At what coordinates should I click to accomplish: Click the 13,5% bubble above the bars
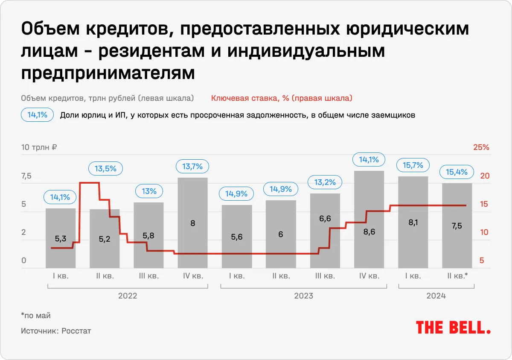point(105,168)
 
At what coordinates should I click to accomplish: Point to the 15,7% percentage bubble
point(413,165)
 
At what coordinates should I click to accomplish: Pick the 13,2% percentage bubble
point(325,182)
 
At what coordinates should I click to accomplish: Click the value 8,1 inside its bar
point(413,222)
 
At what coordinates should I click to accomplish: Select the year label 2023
point(303,296)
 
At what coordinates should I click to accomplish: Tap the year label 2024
point(436,296)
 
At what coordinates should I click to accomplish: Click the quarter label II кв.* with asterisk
point(457,276)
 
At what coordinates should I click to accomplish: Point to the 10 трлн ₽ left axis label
point(39,148)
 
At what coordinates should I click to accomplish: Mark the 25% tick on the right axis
point(481,148)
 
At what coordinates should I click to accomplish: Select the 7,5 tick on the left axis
point(26,176)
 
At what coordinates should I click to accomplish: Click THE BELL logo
point(453,328)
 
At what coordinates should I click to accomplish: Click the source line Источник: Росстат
point(56,331)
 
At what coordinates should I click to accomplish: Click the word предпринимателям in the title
point(108,73)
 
